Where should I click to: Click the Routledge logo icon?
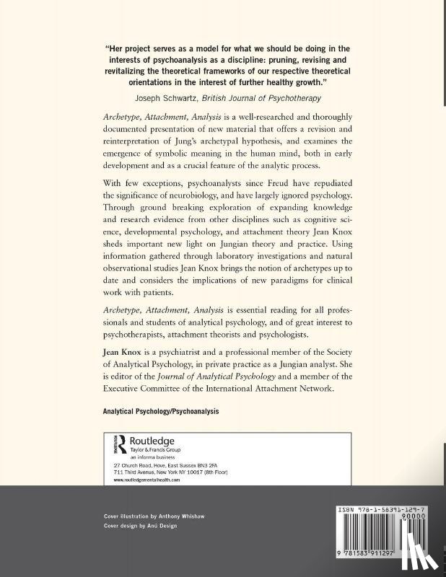pyautogui.click(x=121, y=444)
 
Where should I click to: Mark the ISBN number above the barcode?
pyautogui.click(x=387, y=509)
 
